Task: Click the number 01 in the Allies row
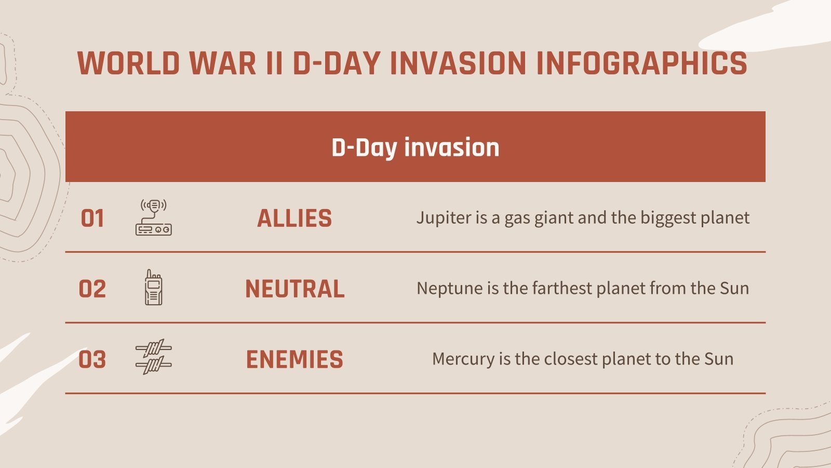pos(92,218)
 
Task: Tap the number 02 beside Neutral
pos(92,289)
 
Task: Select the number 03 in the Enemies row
pos(92,360)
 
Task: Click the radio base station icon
pos(153,217)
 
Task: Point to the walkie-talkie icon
pos(153,288)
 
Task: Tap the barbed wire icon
pos(153,358)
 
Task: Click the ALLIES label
pos(294,218)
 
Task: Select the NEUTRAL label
pos(294,289)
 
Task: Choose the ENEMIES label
pos(294,360)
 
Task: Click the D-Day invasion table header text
pos(415,147)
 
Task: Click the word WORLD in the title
pos(128,63)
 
